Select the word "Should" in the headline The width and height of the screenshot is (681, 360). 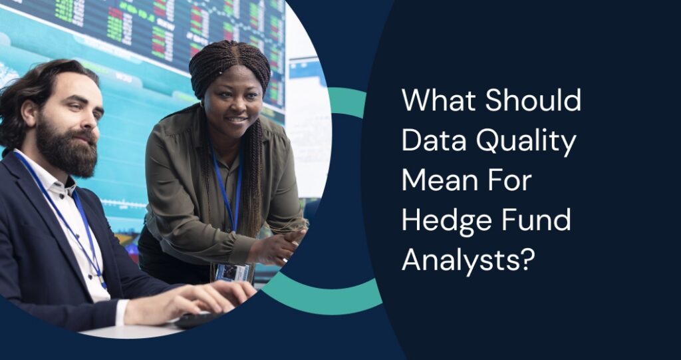point(533,101)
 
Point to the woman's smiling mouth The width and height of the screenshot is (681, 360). point(237,120)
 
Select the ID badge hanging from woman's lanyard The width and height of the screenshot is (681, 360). point(232,271)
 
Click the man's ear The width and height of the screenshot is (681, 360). point(30,113)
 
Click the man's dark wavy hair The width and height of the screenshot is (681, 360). point(40,80)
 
